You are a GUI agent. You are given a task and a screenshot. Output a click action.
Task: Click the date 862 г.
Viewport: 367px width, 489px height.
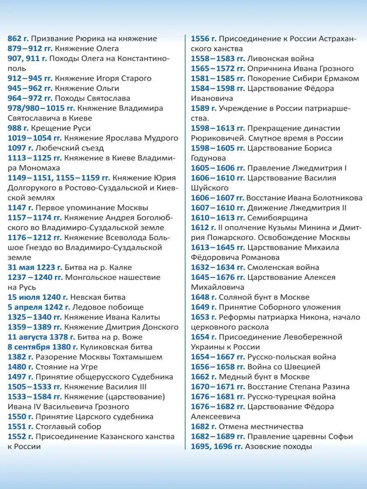click(18, 39)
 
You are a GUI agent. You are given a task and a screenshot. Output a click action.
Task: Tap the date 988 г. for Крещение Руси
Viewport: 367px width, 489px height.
click(18, 128)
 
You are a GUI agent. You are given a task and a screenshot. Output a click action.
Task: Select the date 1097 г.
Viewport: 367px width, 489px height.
click(20, 148)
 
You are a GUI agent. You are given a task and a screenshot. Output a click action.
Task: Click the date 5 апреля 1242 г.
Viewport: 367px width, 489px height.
click(39, 307)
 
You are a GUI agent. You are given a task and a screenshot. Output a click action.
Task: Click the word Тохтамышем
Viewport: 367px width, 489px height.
click(138, 357)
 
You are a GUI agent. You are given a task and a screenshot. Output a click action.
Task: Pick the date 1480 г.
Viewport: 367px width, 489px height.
click(20, 367)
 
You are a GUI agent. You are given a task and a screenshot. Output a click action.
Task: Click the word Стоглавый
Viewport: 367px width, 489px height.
click(55, 427)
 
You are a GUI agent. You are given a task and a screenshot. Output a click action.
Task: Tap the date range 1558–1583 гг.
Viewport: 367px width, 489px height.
click(218, 59)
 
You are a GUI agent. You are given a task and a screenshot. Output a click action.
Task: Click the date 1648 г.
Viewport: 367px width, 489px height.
click(203, 297)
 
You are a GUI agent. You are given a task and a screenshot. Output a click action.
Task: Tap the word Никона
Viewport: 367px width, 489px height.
click(318, 317)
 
